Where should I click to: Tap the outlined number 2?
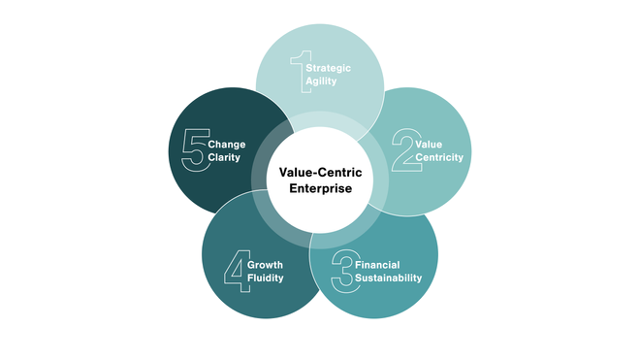click(x=401, y=151)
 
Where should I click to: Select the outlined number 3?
click(x=341, y=271)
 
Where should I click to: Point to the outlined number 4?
click(x=235, y=271)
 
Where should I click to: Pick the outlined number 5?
click(x=194, y=151)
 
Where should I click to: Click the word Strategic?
click(x=328, y=69)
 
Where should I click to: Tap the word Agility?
click(x=321, y=83)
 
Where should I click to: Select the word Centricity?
click(x=440, y=157)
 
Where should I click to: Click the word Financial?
click(x=377, y=264)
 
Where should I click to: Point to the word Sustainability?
click(x=388, y=278)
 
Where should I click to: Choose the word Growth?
click(x=265, y=264)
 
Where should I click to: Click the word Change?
click(x=226, y=145)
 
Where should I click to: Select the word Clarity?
click(x=224, y=158)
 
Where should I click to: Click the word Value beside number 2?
click(x=429, y=144)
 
